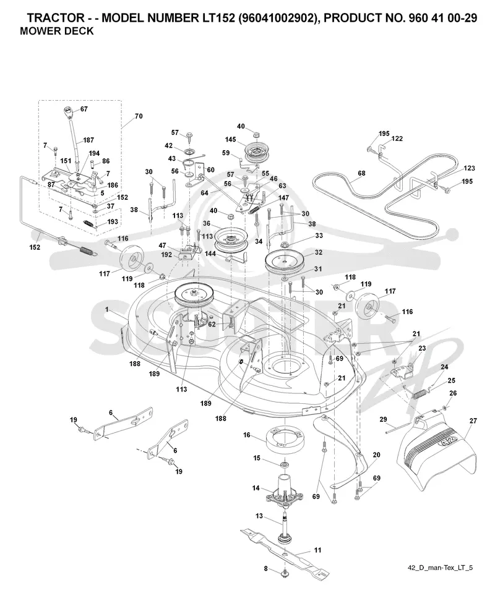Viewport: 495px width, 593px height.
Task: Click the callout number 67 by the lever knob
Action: pyautogui.click(x=84, y=109)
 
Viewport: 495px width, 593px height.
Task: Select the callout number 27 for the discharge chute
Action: pyautogui.click(x=473, y=420)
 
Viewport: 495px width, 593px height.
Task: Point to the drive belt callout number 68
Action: pyautogui.click(x=361, y=173)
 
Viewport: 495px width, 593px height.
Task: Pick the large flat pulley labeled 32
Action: pyautogui.click(x=286, y=262)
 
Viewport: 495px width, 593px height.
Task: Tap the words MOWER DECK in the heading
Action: pyautogui.click(x=56, y=31)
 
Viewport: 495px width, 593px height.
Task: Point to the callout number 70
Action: pyautogui.click(x=139, y=116)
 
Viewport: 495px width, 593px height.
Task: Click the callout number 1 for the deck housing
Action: pyautogui.click(x=106, y=309)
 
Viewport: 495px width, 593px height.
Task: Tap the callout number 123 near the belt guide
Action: pyautogui.click(x=469, y=168)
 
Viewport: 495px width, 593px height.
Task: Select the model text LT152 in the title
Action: pyautogui.click(x=216, y=18)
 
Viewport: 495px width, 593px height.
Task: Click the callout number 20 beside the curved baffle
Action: pyautogui.click(x=376, y=454)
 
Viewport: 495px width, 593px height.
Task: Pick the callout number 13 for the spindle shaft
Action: pyautogui.click(x=259, y=516)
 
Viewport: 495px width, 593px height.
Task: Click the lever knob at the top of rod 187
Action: pyautogui.click(x=68, y=113)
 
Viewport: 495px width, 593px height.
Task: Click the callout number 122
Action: pyautogui.click(x=397, y=139)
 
